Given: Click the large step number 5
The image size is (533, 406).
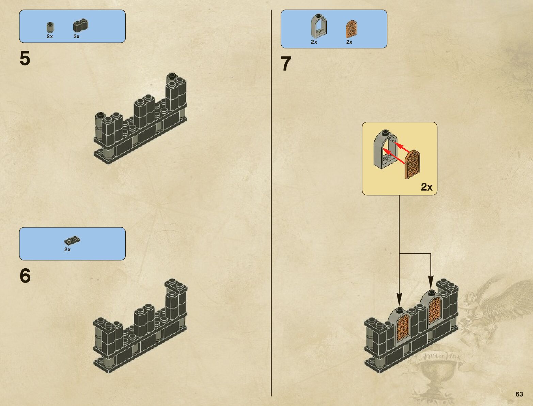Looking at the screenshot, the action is tap(25, 58).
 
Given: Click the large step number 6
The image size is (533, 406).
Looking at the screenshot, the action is tap(25, 275).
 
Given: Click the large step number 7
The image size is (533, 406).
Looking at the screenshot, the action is tap(286, 64).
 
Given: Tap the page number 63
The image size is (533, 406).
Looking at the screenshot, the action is tap(519, 394).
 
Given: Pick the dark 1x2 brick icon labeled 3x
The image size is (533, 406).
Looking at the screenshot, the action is tap(80, 26).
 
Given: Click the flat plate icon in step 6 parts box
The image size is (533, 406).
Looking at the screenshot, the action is tap(72, 241).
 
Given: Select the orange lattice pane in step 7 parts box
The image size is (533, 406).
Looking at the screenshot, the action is tap(351, 29).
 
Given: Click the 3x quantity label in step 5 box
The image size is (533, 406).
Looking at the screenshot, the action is tap(76, 36).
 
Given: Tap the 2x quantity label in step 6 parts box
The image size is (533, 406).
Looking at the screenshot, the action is tap(67, 250).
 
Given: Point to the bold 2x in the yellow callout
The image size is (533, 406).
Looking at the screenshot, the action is tap(426, 187).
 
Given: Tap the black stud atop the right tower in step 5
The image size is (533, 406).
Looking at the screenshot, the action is tap(172, 75).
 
